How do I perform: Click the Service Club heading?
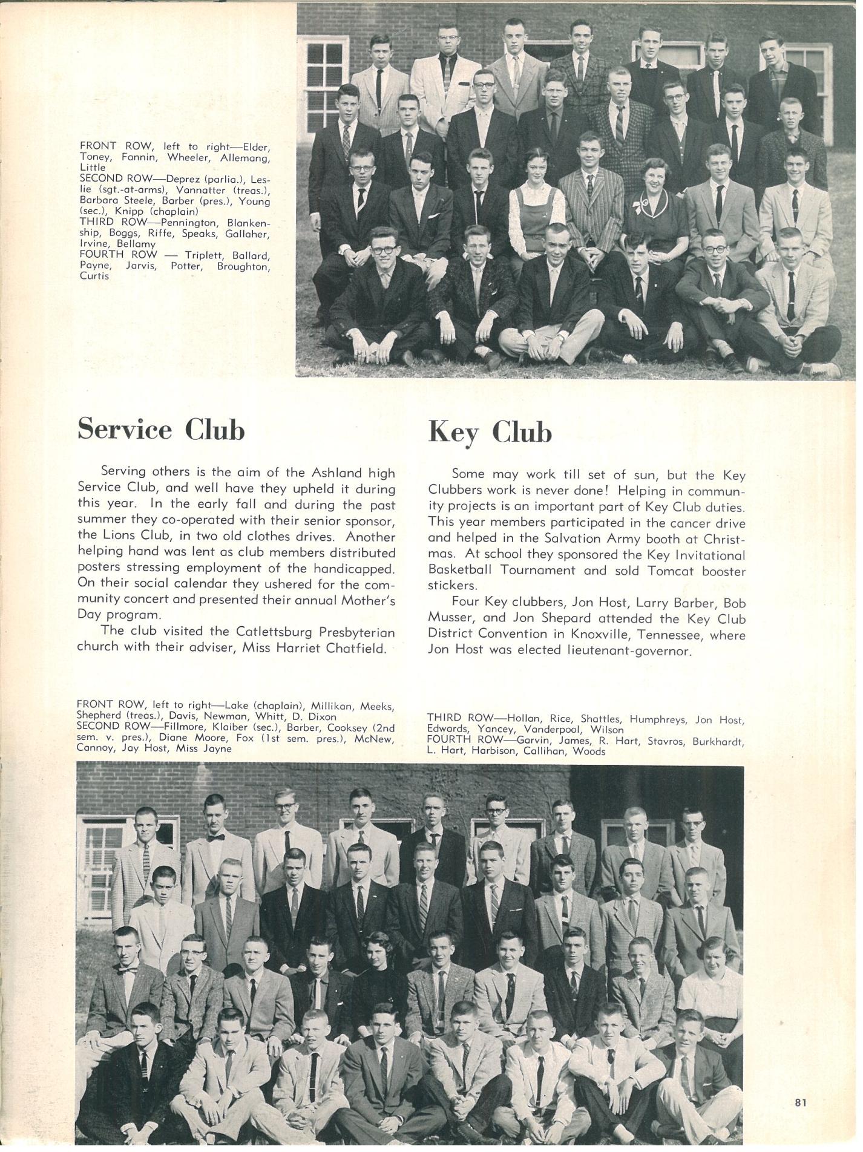[161, 430]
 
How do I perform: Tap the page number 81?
[801, 1102]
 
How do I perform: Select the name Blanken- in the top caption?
[248, 223]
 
